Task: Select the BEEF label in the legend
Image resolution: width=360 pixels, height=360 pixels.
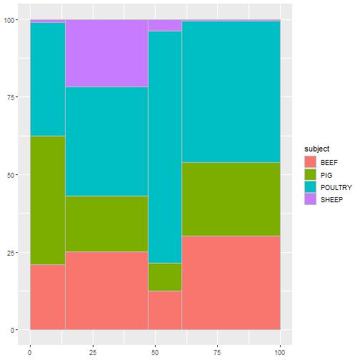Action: (330, 162)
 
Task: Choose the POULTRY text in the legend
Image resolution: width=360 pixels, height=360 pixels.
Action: (336, 186)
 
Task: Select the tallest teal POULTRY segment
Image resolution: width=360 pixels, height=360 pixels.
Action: (165, 147)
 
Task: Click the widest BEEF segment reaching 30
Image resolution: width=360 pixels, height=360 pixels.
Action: (231, 283)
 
